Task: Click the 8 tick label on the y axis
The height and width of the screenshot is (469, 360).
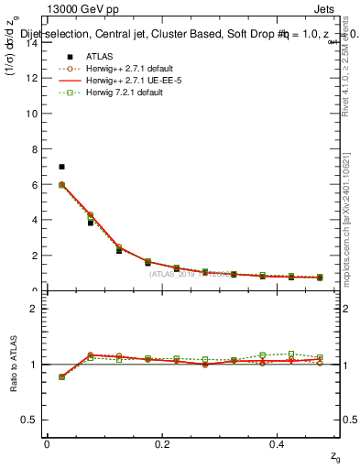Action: click(32, 149)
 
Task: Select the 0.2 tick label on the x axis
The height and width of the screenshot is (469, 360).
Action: click(162, 443)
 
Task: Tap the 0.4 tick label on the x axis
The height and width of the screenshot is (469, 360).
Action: click(278, 443)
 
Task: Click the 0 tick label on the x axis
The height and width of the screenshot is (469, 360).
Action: click(47, 443)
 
